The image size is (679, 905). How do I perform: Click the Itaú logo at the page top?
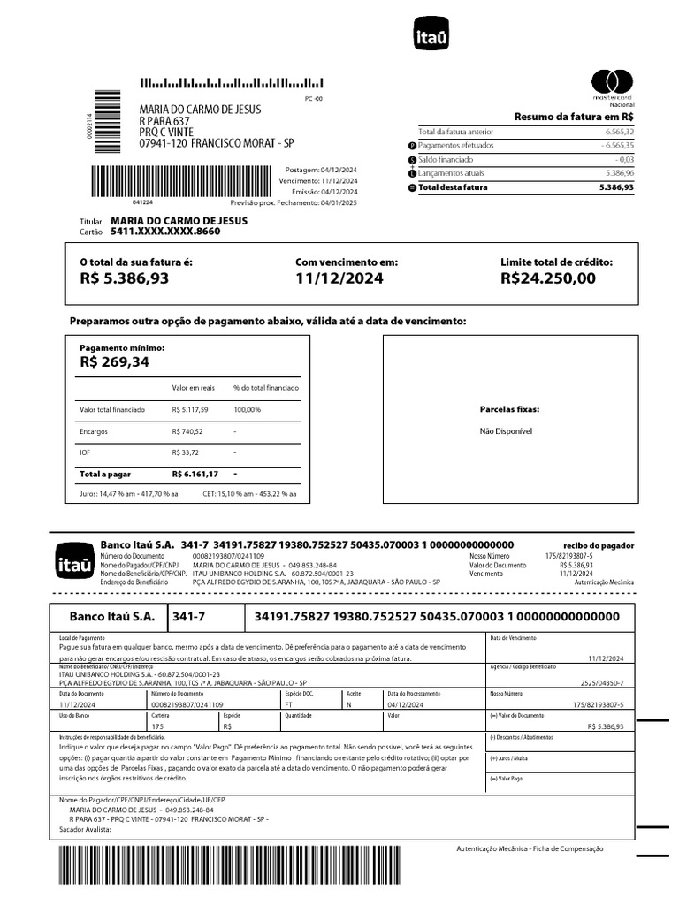(x=431, y=36)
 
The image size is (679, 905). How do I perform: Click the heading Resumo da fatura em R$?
(x=574, y=117)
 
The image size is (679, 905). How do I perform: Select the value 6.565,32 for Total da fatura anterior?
(x=620, y=131)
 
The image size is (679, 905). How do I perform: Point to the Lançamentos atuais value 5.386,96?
(x=620, y=173)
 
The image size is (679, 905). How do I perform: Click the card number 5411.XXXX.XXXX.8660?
(x=165, y=232)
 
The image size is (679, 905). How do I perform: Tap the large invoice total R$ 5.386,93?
(x=124, y=278)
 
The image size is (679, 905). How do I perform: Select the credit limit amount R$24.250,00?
(x=548, y=278)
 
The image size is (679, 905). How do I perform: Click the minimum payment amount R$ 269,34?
(x=115, y=361)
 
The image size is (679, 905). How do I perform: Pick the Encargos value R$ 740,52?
(x=187, y=431)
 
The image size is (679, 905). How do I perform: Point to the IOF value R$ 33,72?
(x=186, y=452)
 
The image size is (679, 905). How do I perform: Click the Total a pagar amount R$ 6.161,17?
(x=195, y=475)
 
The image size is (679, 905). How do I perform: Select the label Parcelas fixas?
(x=509, y=409)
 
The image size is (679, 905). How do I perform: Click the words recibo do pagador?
(x=599, y=546)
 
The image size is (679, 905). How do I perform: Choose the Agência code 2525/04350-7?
(x=602, y=683)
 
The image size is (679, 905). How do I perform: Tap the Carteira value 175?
(x=158, y=726)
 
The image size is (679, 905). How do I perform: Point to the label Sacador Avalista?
(x=85, y=830)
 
